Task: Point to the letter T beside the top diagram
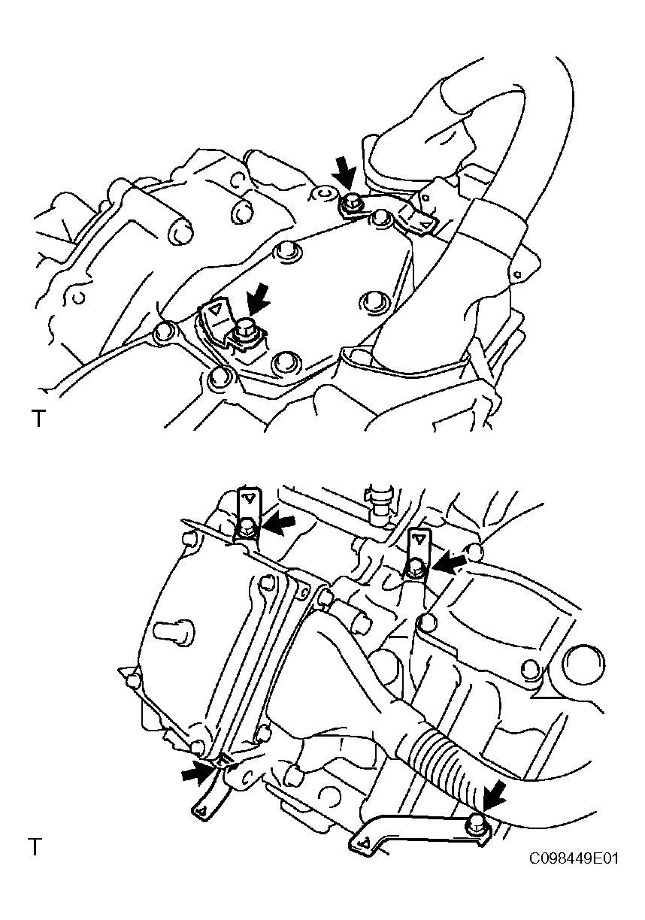pyautogui.click(x=38, y=419)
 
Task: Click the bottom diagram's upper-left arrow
pyautogui.click(x=280, y=525)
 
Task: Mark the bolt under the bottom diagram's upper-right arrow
pyautogui.click(x=416, y=566)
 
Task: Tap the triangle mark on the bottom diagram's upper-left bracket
pyautogui.click(x=249, y=498)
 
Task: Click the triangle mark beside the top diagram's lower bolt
pyautogui.click(x=213, y=309)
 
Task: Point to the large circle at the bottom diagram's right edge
pyautogui.click(x=583, y=665)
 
